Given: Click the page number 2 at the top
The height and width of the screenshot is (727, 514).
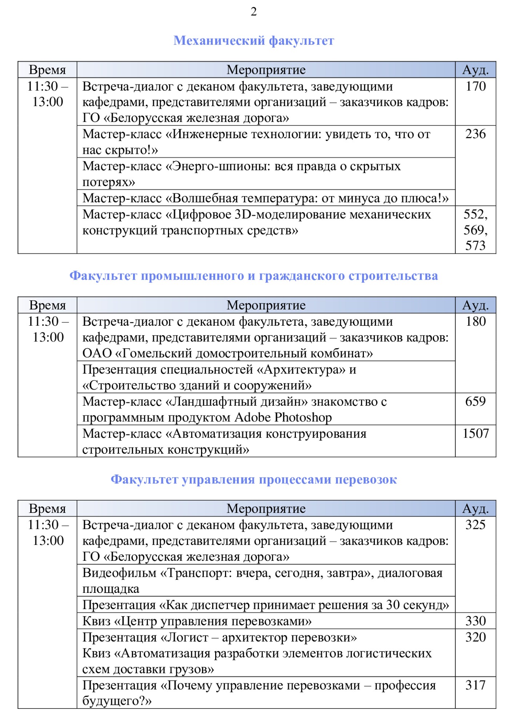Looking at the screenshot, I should tap(254, 12).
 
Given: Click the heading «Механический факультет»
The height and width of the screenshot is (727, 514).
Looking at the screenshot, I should tap(254, 40).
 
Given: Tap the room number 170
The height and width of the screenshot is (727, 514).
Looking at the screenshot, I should tap(475, 86).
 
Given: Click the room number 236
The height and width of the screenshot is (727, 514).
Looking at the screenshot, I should tap(475, 134).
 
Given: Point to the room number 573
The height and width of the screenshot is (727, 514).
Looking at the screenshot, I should tap(475, 246).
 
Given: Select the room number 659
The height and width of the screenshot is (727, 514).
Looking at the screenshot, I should tap(475, 401).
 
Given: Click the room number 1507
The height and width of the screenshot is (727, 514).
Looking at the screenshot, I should tap(475, 433).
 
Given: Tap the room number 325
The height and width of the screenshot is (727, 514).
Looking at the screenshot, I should tap(475, 525).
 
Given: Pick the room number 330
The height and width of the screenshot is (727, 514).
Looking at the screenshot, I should tap(475, 620).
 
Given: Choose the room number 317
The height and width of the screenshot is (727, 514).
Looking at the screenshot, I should tap(475, 685).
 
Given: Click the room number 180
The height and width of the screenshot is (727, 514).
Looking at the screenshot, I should tap(475, 321).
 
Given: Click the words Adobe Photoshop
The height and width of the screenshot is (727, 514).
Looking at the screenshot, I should tap(283, 417).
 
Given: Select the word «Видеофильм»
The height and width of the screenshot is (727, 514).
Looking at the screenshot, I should tap(119, 573).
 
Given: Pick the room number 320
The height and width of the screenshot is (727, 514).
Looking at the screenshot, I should tap(475, 637).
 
